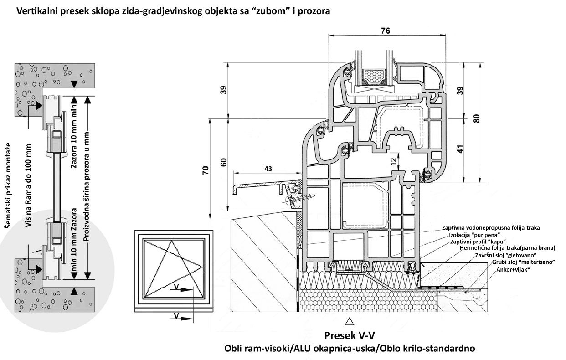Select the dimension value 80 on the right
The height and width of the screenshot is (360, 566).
point(476,118)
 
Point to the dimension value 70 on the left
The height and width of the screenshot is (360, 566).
point(206,171)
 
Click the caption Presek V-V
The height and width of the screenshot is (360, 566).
point(350,336)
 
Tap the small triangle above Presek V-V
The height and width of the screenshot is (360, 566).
point(350,321)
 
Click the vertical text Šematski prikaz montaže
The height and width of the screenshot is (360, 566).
point(7,191)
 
